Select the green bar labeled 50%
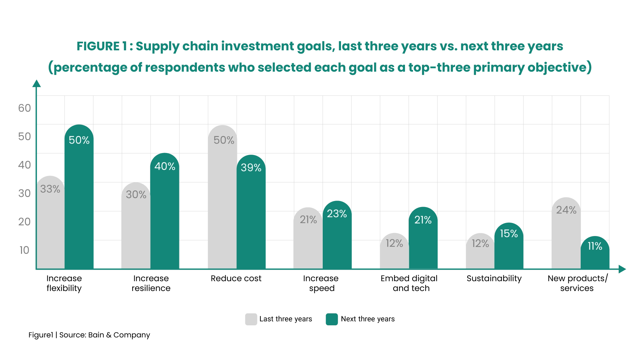tap(79, 200)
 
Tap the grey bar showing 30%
tap(136, 230)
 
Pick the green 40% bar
tap(165, 213)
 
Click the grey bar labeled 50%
tap(222, 200)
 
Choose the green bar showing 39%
tap(251, 217)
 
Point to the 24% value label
tap(566, 210)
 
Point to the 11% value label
tap(595, 246)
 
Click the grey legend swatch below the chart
tap(250, 319)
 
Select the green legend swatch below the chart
tap(332, 319)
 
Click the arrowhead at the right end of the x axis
tap(622, 269)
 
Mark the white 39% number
tap(251, 168)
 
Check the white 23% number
tap(337, 214)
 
